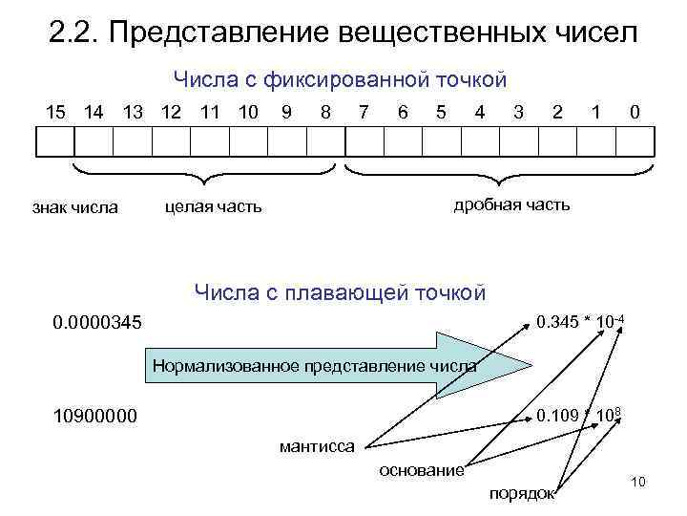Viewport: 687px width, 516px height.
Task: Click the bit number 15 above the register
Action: [x=57, y=112]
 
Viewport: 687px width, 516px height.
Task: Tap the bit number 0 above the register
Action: [x=635, y=112]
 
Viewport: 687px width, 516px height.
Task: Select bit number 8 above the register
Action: [x=326, y=112]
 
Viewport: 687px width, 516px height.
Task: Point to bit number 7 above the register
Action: [x=364, y=112]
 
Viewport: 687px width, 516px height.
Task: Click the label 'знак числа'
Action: [x=75, y=206]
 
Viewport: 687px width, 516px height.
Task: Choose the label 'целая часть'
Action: [x=213, y=206]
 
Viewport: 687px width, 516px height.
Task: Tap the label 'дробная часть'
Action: [x=511, y=204]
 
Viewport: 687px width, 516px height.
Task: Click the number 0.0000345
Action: [x=98, y=325]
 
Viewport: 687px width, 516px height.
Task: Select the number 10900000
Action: [x=95, y=416]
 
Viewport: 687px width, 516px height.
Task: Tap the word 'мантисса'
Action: [x=317, y=445]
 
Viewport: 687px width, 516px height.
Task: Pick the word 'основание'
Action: [x=422, y=469]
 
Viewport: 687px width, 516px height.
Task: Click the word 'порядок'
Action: [x=521, y=493]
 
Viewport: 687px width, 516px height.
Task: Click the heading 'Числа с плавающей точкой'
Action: [x=340, y=291]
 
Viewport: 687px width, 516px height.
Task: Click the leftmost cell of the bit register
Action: [x=54, y=142]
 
